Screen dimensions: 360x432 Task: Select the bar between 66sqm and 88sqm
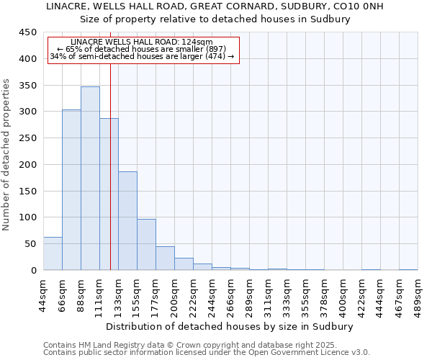point(71,190)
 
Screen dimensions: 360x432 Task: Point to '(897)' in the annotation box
point(214,49)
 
